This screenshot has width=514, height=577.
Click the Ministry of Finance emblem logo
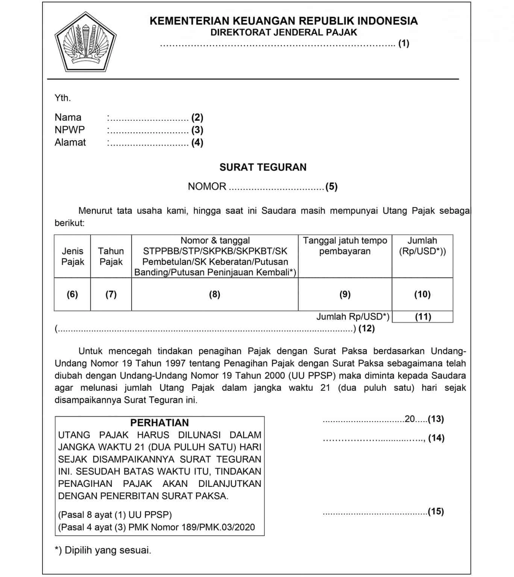coord(85,42)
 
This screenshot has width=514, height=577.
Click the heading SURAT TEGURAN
coord(263,167)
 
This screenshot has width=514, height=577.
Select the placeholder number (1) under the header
coord(404,43)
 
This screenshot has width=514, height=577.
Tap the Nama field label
coord(68,117)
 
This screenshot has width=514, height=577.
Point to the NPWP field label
coord(70,130)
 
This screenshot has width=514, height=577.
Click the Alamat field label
coord(70,142)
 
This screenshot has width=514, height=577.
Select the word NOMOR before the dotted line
coord(207,186)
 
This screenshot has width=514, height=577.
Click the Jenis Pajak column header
coord(73,256)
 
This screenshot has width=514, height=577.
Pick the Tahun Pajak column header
coord(111,256)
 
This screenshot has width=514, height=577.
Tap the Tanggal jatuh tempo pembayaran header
coord(345,246)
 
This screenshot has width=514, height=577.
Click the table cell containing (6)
coord(72,294)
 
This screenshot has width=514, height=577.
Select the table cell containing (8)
coord(215,294)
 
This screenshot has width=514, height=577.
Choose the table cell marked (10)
coord(422,294)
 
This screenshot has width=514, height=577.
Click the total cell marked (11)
coord(423,317)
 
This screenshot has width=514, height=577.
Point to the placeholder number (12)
coord(367,329)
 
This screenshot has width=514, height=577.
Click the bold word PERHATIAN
coord(159,423)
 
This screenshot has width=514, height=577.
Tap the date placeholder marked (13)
coord(436,419)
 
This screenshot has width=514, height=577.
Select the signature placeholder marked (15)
coord(436,511)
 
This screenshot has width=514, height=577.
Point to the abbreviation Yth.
coord(63,98)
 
